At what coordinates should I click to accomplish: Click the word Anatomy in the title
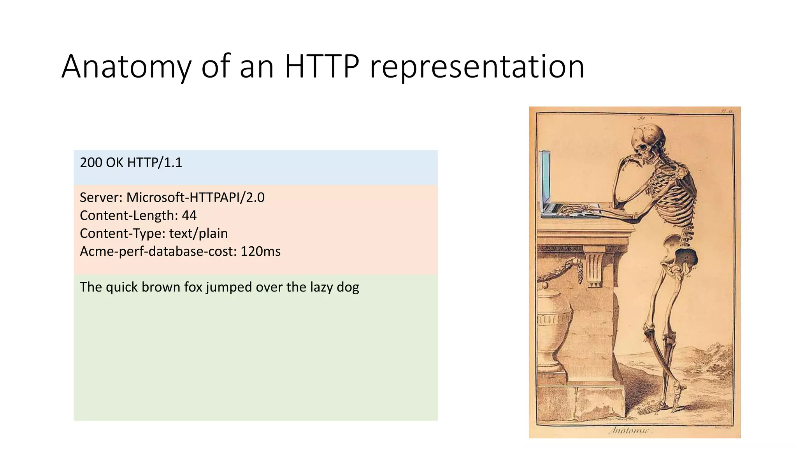pyautogui.click(x=126, y=67)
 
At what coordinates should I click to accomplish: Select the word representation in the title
pyautogui.click(x=477, y=67)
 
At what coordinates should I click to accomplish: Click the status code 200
pyautogui.click(x=91, y=163)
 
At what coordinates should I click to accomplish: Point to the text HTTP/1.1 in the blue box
pyautogui.click(x=154, y=163)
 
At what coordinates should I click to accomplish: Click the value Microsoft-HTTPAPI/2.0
pyautogui.click(x=195, y=198)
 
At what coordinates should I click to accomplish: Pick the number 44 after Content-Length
pyautogui.click(x=189, y=216)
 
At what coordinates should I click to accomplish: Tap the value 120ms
pyautogui.click(x=260, y=251)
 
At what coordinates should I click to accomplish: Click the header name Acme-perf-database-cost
pyautogui.click(x=158, y=251)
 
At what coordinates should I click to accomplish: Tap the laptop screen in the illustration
pyautogui.click(x=545, y=179)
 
